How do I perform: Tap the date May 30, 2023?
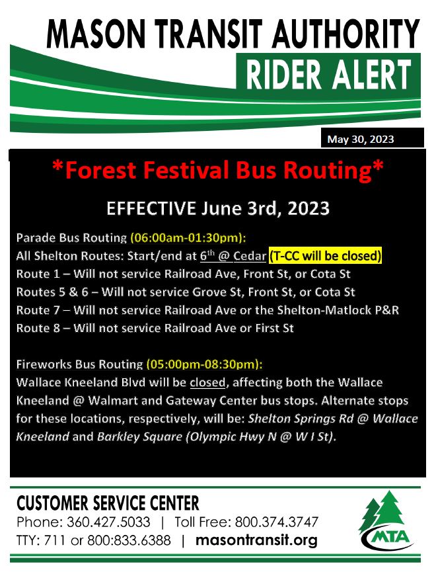point(361,139)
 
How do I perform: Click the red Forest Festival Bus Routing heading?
point(218,171)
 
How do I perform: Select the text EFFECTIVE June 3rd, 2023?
point(218,208)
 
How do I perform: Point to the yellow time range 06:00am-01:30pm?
point(188,238)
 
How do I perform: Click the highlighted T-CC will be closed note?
point(325,255)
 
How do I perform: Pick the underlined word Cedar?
point(250,255)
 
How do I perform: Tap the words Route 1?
point(38,274)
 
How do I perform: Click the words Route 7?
point(38,310)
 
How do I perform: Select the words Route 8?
point(38,328)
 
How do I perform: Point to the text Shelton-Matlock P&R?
point(338,310)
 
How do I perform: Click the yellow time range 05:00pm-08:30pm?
point(205,364)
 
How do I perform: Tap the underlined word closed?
point(207,382)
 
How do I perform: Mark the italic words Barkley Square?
point(139,436)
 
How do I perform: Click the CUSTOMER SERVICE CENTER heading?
point(108,503)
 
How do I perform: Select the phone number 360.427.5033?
point(108,522)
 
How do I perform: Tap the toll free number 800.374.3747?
point(277,522)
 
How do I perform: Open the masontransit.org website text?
point(256,540)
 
